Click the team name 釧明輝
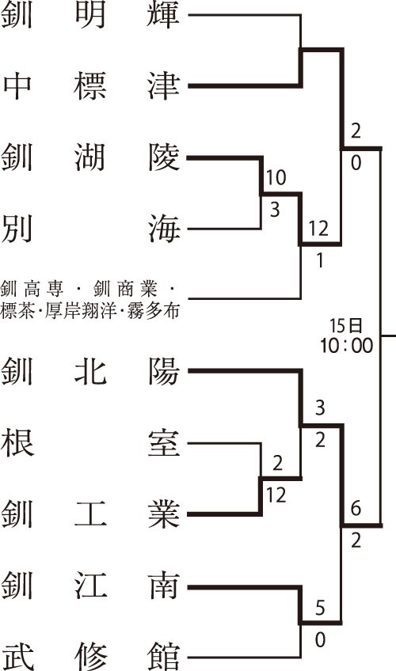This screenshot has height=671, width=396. click(90, 15)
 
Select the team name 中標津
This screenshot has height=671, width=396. click(90, 86)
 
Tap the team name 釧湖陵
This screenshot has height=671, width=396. click(90, 157)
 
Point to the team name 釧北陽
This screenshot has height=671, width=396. click(90, 371)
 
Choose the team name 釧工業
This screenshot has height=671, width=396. click(90, 513)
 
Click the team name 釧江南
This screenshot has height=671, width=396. click(90, 586)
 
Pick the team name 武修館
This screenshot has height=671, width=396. click(90, 657)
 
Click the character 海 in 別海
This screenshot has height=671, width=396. click(164, 229)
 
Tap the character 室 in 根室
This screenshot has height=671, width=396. click(164, 443)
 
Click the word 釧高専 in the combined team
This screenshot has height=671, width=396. click(32, 290)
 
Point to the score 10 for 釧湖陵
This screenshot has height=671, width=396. click(276, 177)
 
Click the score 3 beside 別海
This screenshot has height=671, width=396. click(275, 210)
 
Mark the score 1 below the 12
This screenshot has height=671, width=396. click(320, 260)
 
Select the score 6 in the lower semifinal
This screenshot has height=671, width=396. click(356, 508)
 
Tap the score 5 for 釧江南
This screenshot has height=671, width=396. click(320, 608)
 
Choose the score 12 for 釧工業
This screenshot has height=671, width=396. click(276, 495)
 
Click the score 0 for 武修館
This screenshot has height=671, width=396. click(320, 640)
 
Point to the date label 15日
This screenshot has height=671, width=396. click(346, 326)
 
